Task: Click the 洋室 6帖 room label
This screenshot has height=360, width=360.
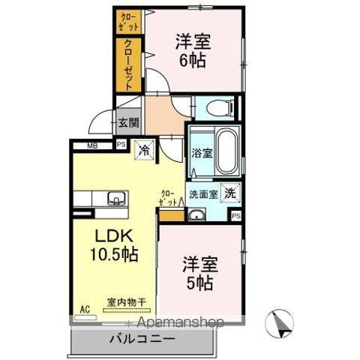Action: click(193, 49)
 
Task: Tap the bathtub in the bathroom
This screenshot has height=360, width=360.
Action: click(227, 150)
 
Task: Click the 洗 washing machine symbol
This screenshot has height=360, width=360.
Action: click(232, 192)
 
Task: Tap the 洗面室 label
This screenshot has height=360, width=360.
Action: click(202, 193)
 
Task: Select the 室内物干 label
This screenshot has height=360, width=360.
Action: click(126, 302)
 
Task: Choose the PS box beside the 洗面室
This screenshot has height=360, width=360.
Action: click(236, 217)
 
